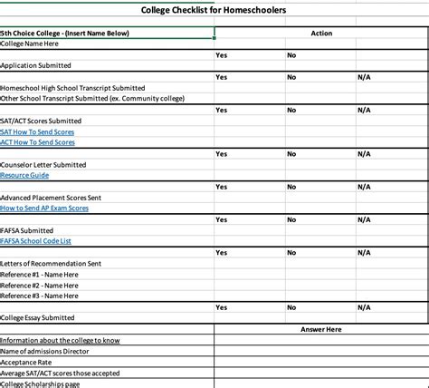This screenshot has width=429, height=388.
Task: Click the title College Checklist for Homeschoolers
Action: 214,10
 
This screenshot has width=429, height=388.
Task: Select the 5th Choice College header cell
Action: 65,34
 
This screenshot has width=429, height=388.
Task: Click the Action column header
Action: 321,34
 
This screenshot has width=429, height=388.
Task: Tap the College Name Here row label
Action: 30,44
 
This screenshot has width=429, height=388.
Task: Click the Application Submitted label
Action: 36,65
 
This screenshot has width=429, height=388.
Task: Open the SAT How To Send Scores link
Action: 38,131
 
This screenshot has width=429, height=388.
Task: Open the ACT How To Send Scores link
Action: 38,142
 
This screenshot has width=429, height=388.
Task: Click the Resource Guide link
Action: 24,175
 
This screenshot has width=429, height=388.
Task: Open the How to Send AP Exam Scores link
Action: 44,208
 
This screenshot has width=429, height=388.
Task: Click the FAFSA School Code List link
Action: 36,241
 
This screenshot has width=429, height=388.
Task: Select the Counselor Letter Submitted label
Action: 43,164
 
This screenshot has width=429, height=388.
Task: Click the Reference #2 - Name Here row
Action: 40,285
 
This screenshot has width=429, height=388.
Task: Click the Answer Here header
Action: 321,329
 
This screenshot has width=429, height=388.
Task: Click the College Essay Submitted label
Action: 38,318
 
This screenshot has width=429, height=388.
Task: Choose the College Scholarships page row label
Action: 41,383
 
